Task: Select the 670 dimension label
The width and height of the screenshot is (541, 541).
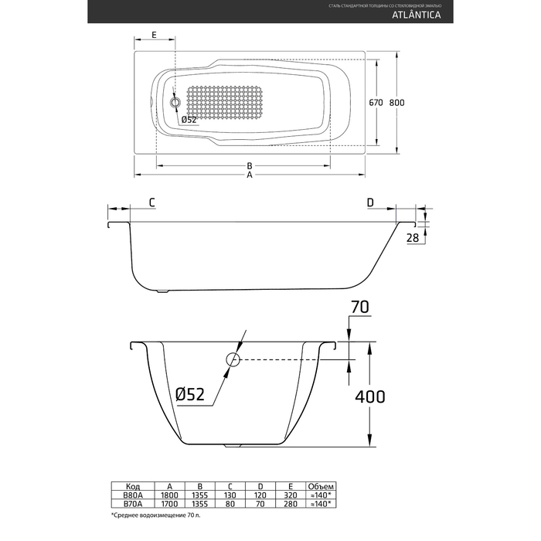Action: [376, 102]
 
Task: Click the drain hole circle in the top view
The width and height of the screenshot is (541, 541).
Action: [175, 102]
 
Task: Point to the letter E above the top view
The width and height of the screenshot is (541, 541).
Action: [155, 36]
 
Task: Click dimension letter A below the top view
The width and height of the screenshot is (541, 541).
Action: [250, 175]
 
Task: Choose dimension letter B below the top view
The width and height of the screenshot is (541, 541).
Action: [250, 165]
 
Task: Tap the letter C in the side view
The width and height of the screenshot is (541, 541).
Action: [152, 202]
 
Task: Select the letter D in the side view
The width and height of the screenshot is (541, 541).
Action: [370, 202]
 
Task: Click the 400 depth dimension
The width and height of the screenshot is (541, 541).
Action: [369, 396]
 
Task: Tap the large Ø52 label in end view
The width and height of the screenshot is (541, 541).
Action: [189, 394]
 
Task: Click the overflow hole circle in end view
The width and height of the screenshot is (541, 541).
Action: [233, 360]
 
